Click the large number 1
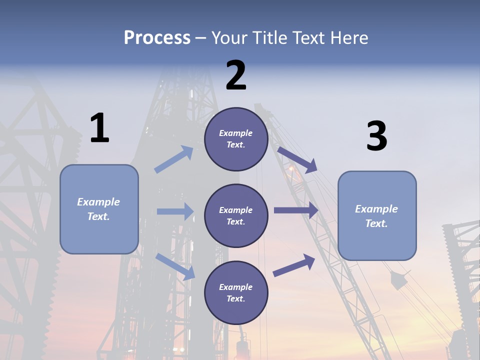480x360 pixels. (99, 128)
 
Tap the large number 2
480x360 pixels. (236, 75)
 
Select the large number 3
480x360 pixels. (376, 136)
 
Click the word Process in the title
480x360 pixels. (157, 37)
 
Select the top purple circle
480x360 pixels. (236, 139)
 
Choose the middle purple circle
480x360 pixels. (236, 215)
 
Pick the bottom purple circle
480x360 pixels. (236, 292)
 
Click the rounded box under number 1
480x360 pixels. (99, 209)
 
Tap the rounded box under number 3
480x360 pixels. (377, 215)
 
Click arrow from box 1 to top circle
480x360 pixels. (174, 159)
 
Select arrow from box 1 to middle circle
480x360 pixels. (175, 211)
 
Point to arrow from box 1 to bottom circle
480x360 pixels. (175, 266)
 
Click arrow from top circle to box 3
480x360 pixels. (297, 159)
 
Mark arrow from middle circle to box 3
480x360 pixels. (295, 210)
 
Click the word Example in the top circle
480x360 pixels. (236, 133)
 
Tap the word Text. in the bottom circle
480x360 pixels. (236, 298)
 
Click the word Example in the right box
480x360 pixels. (376, 209)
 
